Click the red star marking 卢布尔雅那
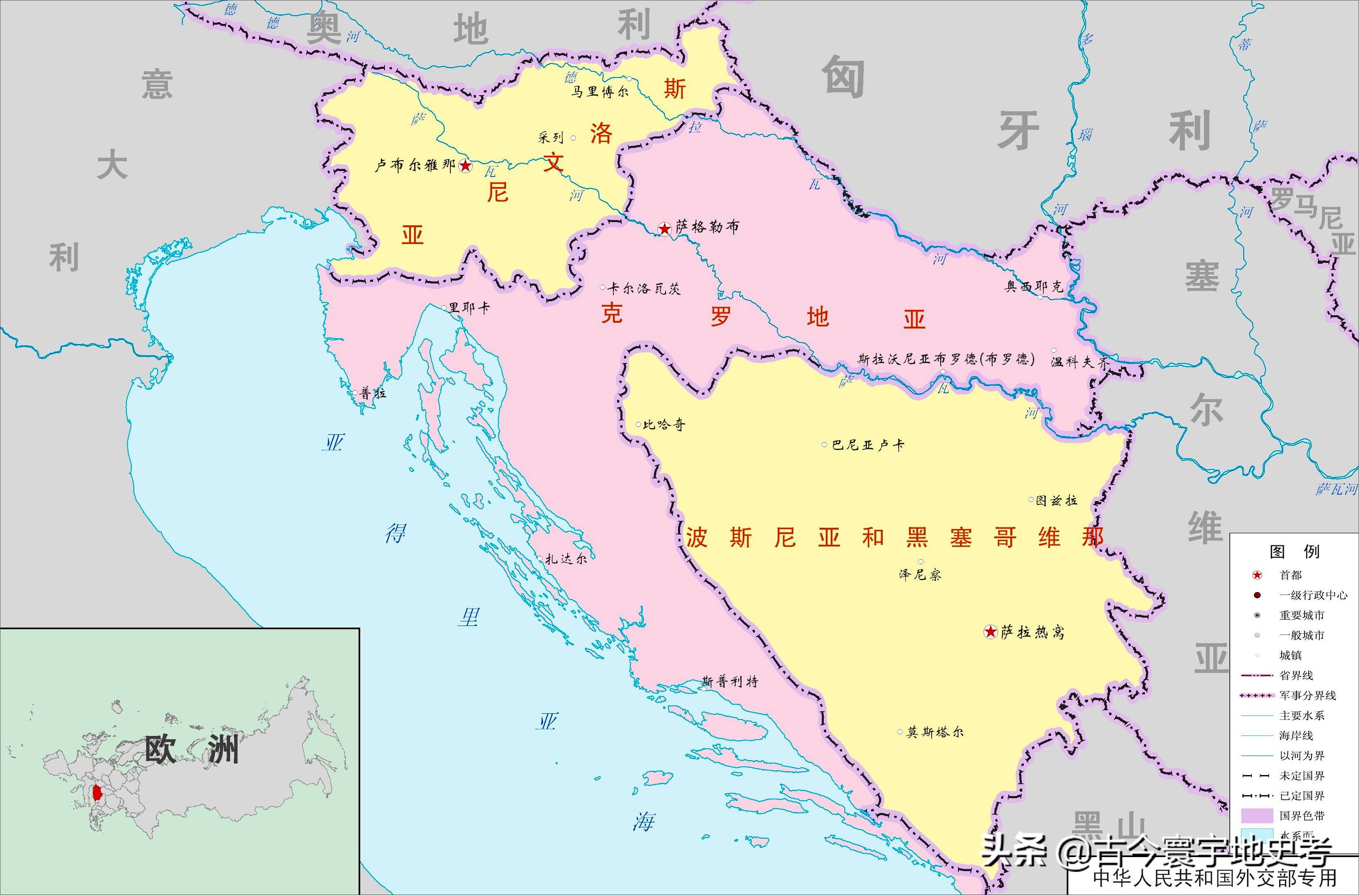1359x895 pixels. tap(465, 166)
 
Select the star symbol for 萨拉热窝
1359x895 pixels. tap(990, 632)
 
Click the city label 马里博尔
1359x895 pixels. tap(599, 91)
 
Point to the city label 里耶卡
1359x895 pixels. tap(469, 308)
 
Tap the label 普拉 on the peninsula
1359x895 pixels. tap(373, 393)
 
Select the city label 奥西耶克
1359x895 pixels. tap(1033, 286)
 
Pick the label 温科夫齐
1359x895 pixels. tap(1079, 362)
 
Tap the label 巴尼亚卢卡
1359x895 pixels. tap(868, 445)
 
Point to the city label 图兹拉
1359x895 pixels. tap(1056, 501)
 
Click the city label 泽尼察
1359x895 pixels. tap(920, 574)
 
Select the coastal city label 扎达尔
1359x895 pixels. tap(565, 558)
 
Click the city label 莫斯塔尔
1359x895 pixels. tap(935, 731)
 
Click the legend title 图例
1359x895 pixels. tap(1294, 551)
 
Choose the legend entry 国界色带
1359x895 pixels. tap(1301, 815)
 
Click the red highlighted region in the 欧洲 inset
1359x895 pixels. tap(97, 793)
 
